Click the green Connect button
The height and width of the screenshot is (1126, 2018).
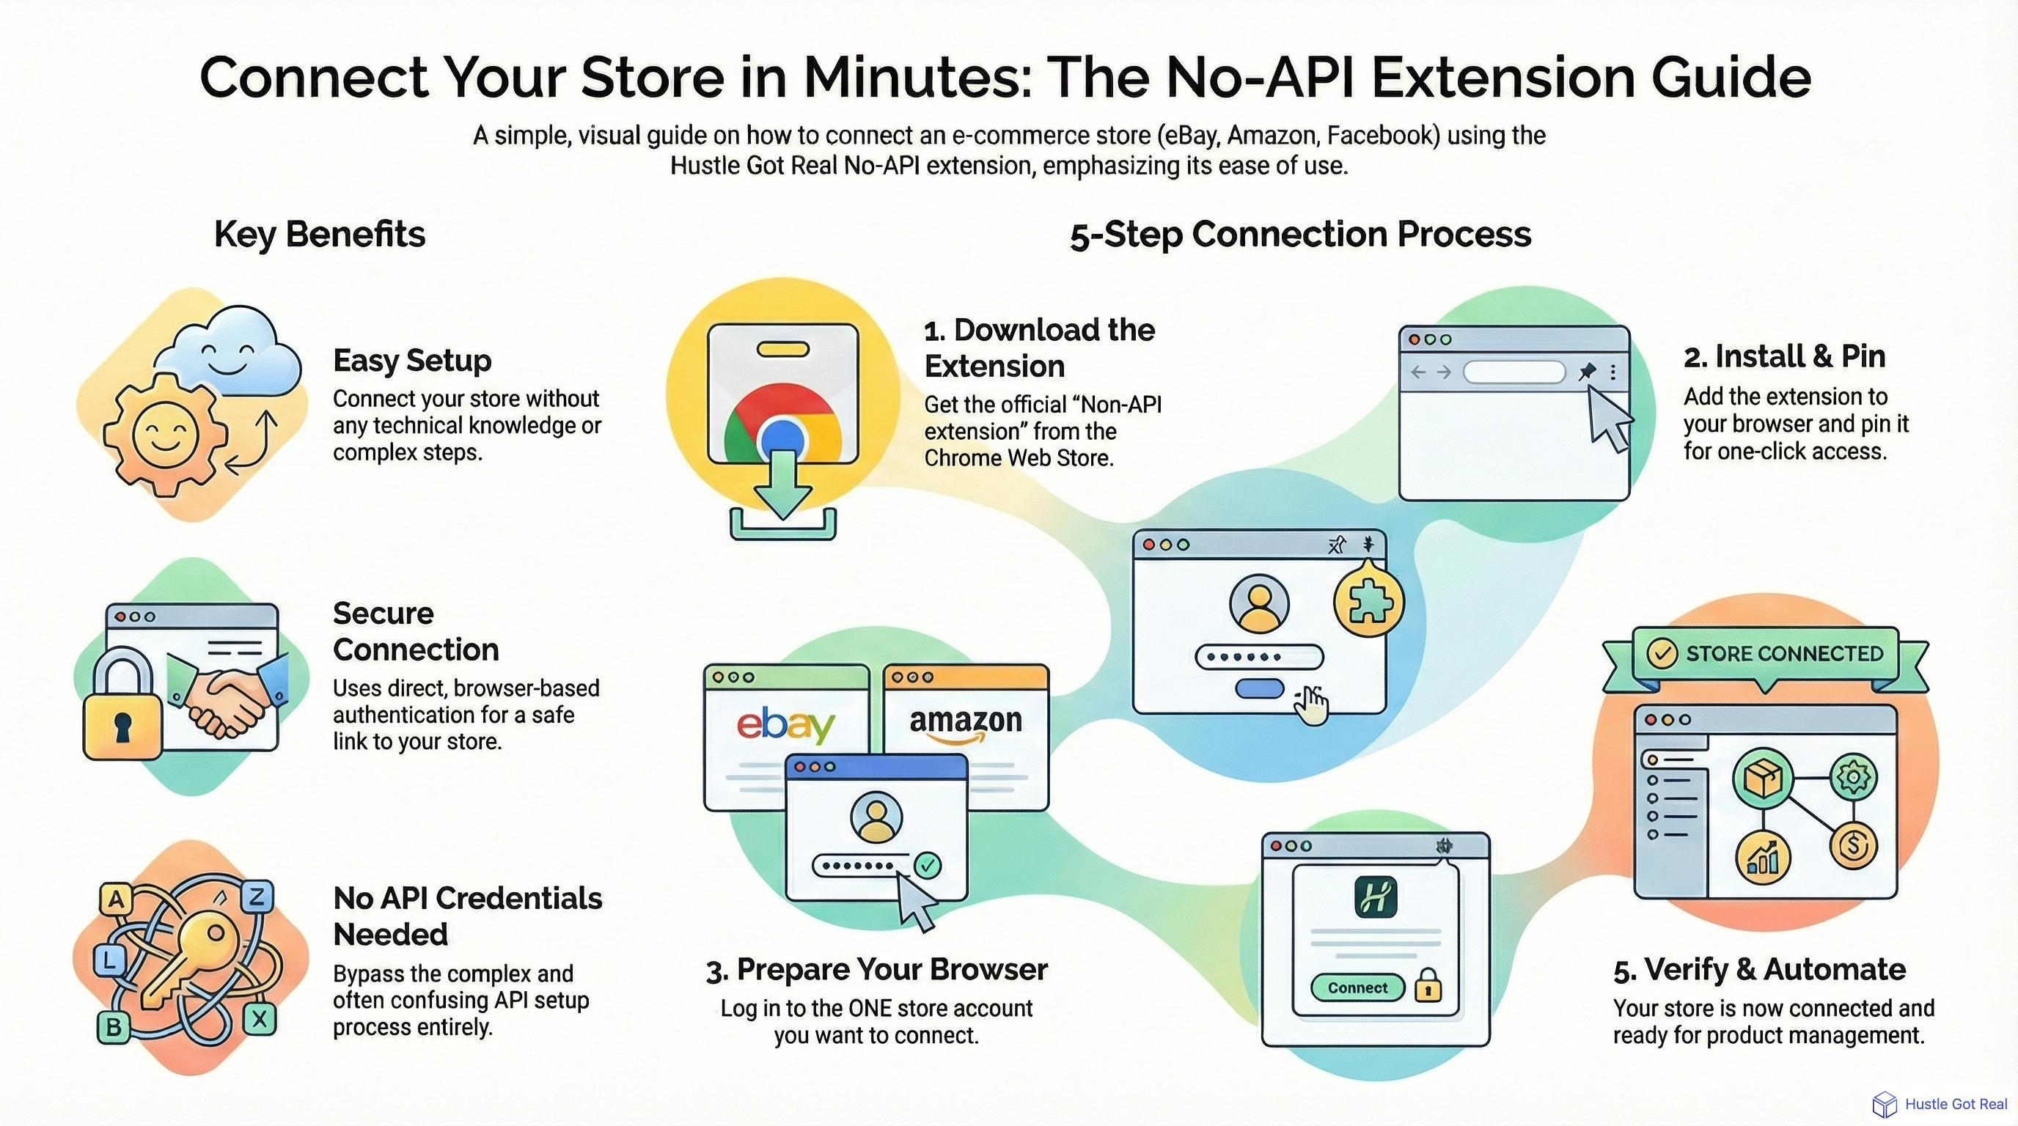(x=1357, y=987)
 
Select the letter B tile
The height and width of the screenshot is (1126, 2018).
(x=114, y=1026)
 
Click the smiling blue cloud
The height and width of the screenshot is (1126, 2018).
(x=228, y=353)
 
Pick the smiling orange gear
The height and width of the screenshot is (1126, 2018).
(x=165, y=435)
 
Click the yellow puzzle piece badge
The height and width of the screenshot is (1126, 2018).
(x=1368, y=601)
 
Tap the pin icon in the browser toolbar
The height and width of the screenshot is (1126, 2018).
(x=1586, y=371)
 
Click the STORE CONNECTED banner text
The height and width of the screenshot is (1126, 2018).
(x=1784, y=653)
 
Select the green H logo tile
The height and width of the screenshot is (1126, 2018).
(x=1376, y=897)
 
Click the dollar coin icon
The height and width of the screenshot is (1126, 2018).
(x=1853, y=846)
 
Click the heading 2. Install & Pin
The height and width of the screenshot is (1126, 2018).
(x=1784, y=357)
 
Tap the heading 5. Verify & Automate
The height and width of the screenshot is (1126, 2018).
(x=1758, y=969)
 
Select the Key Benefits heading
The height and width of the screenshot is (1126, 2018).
(x=320, y=234)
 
